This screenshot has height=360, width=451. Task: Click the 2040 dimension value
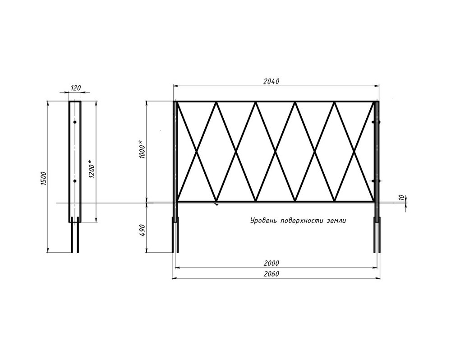pyautogui.click(x=271, y=82)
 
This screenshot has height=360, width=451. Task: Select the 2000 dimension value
pyautogui.click(x=271, y=263)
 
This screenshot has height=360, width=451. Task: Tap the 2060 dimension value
pyautogui.click(x=271, y=274)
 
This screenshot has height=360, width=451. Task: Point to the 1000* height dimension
pyautogui.click(x=143, y=150)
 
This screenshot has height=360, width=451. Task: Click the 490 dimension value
pyautogui.click(x=143, y=231)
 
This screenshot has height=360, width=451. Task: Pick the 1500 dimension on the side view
pyautogui.click(x=43, y=179)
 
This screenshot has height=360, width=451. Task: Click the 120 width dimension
pyautogui.click(x=75, y=88)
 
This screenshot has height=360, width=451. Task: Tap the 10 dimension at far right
pyautogui.click(x=401, y=198)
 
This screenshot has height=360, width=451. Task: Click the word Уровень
pyautogui.click(x=263, y=221)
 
